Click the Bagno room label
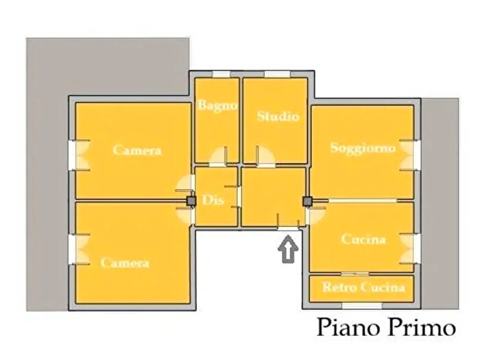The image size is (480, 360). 217,106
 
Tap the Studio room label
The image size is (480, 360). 278,117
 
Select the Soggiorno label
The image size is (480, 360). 363,148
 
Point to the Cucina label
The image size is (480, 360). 363,239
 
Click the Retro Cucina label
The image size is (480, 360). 364,287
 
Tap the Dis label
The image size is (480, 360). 213,200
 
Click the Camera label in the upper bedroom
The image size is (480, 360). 137,150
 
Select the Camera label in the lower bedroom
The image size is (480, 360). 125,263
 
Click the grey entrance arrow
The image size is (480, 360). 288,249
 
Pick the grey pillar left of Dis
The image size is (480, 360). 191,201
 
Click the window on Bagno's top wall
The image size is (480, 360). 221,74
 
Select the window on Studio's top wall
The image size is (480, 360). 277,74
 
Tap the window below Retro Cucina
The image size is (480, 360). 362,305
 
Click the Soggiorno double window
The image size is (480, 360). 409,156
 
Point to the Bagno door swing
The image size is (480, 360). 218,156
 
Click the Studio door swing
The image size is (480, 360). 265,156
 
